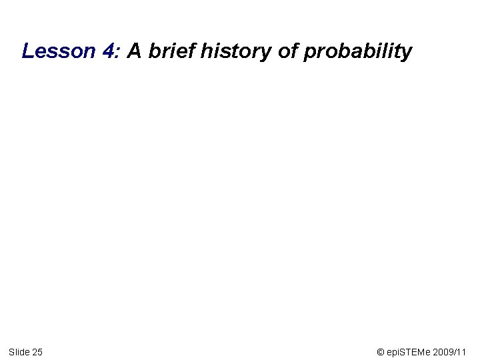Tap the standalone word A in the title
click(x=134, y=51)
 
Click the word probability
click(x=358, y=51)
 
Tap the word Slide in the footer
click(x=19, y=351)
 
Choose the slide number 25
click(x=37, y=351)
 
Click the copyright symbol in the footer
click(x=381, y=351)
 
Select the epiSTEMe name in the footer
click(x=409, y=351)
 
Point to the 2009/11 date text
click(x=453, y=351)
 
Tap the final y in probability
click(x=407, y=53)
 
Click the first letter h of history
click(x=203, y=51)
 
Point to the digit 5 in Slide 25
click(x=40, y=351)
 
